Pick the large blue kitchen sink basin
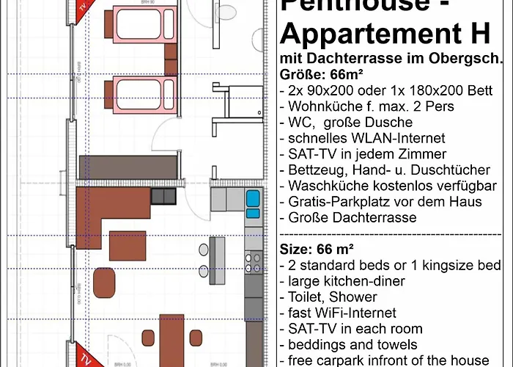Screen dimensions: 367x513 pyautogui.click(x=254, y=198)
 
